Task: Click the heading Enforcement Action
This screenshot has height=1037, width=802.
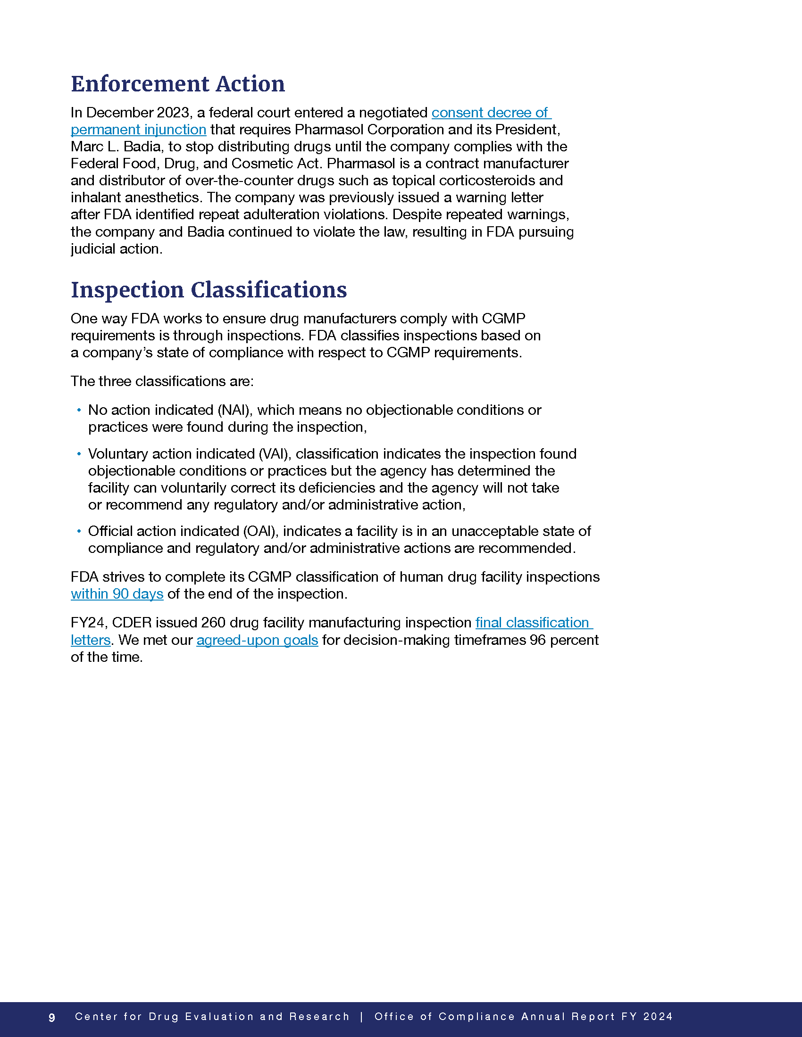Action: (178, 84)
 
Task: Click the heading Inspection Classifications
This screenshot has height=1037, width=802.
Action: (209, 289)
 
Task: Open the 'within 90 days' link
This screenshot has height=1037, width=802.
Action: (117, 594)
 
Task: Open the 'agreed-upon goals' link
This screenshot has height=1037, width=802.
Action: (257, 640)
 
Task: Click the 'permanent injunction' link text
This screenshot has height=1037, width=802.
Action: (138, 130)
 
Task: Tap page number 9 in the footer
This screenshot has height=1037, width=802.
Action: (52, 1017)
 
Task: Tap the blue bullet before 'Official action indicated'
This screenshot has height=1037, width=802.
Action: (79, 531)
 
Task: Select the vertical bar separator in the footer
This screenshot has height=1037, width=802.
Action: (362, 1017)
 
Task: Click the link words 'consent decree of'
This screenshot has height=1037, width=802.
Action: (490, 113)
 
